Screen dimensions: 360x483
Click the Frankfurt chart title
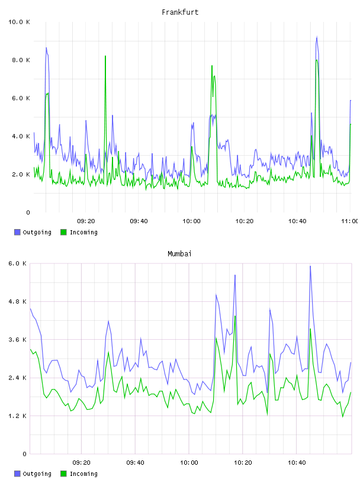(180, 12)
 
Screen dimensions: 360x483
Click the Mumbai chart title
(179, 254)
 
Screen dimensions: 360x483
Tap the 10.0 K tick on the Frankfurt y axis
(19, 22)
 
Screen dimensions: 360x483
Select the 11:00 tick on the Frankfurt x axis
(349, 221)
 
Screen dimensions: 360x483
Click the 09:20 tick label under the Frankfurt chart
(86, 221)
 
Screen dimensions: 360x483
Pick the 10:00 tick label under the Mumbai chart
(189, 463)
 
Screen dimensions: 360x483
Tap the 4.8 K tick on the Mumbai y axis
(18, 301)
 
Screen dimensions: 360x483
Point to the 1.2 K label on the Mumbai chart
(18, 416)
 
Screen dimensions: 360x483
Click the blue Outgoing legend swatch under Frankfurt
(17, 232)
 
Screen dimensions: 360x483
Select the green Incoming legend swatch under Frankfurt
(63, 232)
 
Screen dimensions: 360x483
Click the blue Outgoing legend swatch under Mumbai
(17, 474)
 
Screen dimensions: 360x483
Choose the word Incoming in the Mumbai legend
(83, 474)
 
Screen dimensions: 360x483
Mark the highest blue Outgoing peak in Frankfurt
(317, 37)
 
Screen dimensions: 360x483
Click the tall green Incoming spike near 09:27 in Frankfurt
(105, 56)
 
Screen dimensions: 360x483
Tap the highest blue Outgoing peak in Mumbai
(310, 266)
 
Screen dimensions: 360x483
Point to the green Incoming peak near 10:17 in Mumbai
(235, 316)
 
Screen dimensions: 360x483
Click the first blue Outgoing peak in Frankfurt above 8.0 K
(46, 48)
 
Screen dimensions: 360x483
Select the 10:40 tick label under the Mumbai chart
(297, 463)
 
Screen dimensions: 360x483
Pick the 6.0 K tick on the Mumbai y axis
(18, 263)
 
